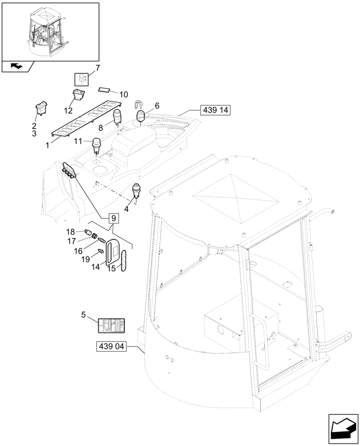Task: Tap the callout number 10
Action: [x=123, y=95]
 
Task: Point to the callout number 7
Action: [x=98, y=68]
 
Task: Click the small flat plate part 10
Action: [x=106, y=90]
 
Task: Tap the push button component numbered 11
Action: [x=96, y=144]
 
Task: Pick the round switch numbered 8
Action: [x=118, y=117]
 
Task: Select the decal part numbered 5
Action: [x=111, y=326]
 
